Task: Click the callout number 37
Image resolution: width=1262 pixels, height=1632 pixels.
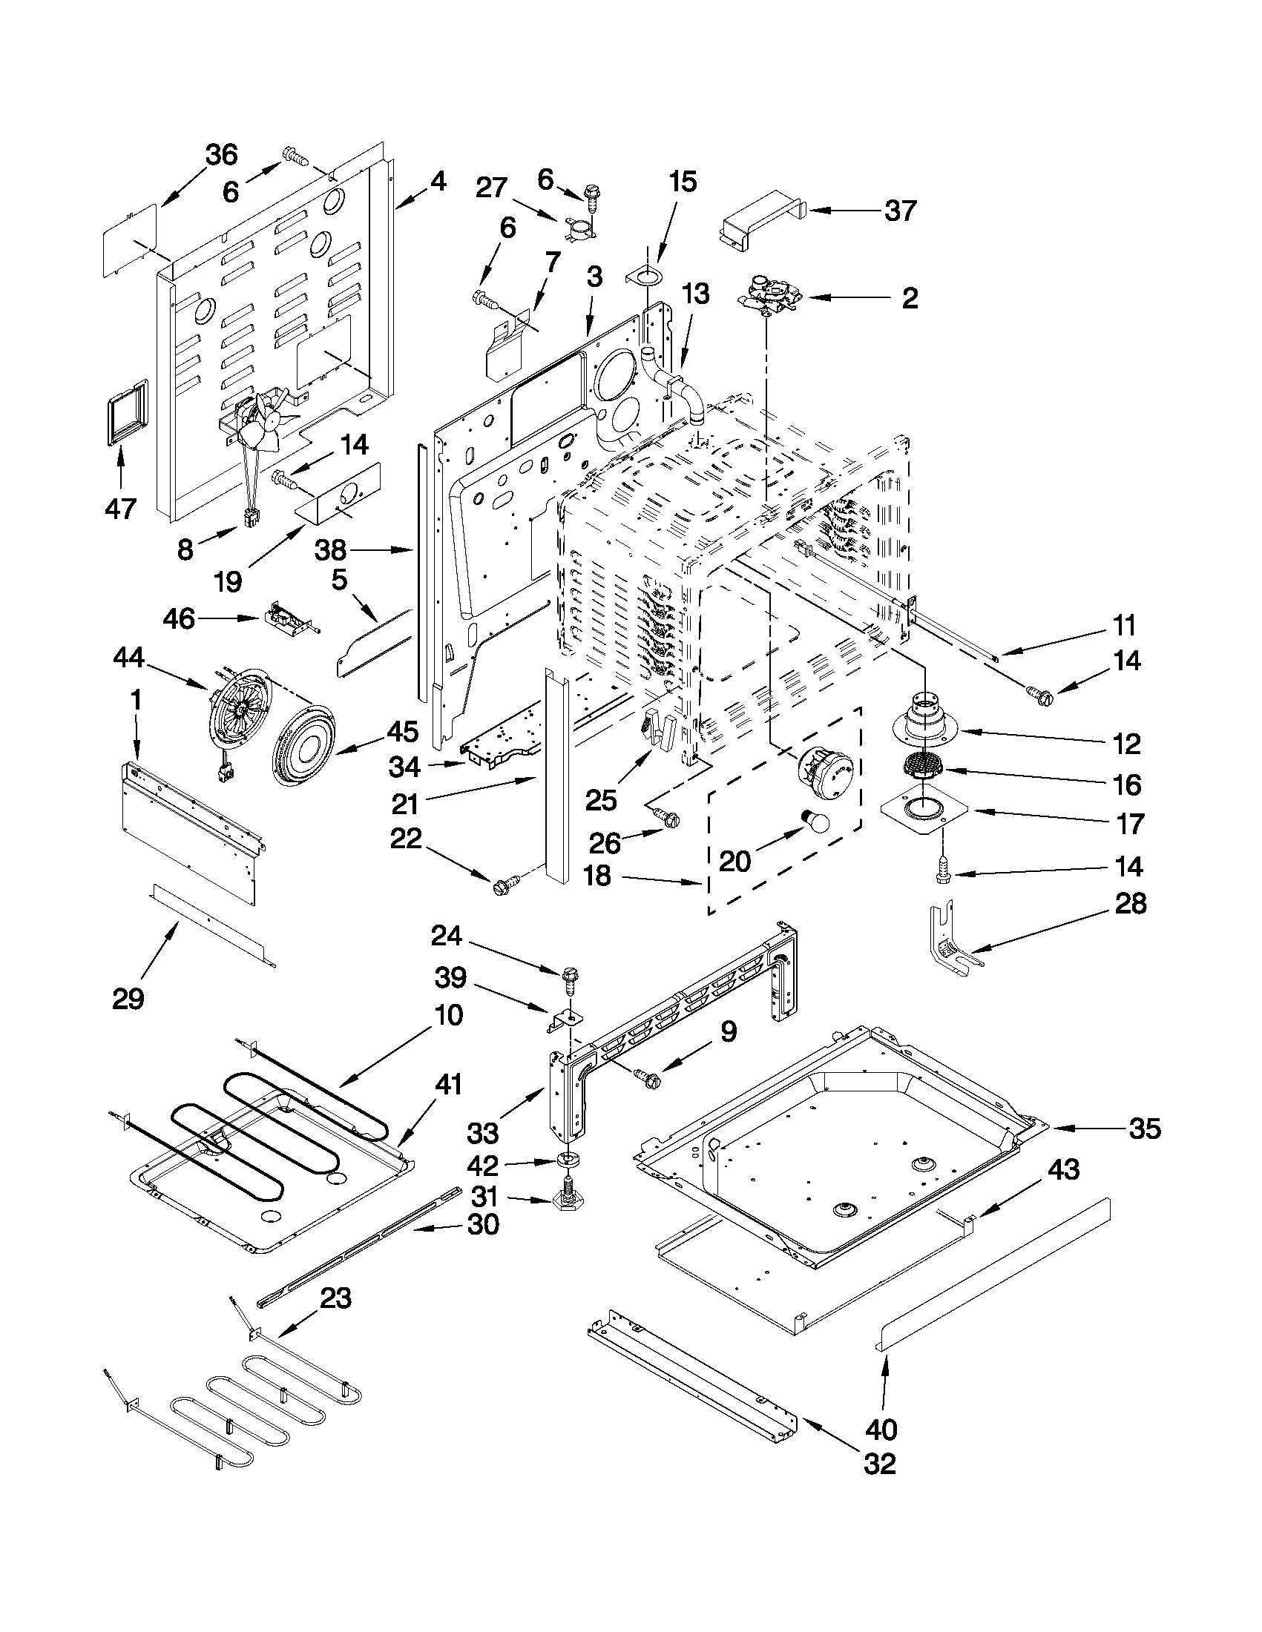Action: pyautogui.click(x=900, y=211)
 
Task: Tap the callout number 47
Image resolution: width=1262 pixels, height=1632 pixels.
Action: pyautogui.click(x=120, y=509)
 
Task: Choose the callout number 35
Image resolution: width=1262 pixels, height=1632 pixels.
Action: pyautogui.click(x=1145, y=1128)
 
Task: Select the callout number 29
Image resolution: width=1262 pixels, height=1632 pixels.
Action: pyautogui.click(x=128, y=998)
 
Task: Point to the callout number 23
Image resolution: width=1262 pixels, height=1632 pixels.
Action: pyautogui.click(x=335, y=1299)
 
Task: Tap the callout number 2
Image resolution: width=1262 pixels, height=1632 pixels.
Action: pyautogui.click(x=909, y=298)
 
